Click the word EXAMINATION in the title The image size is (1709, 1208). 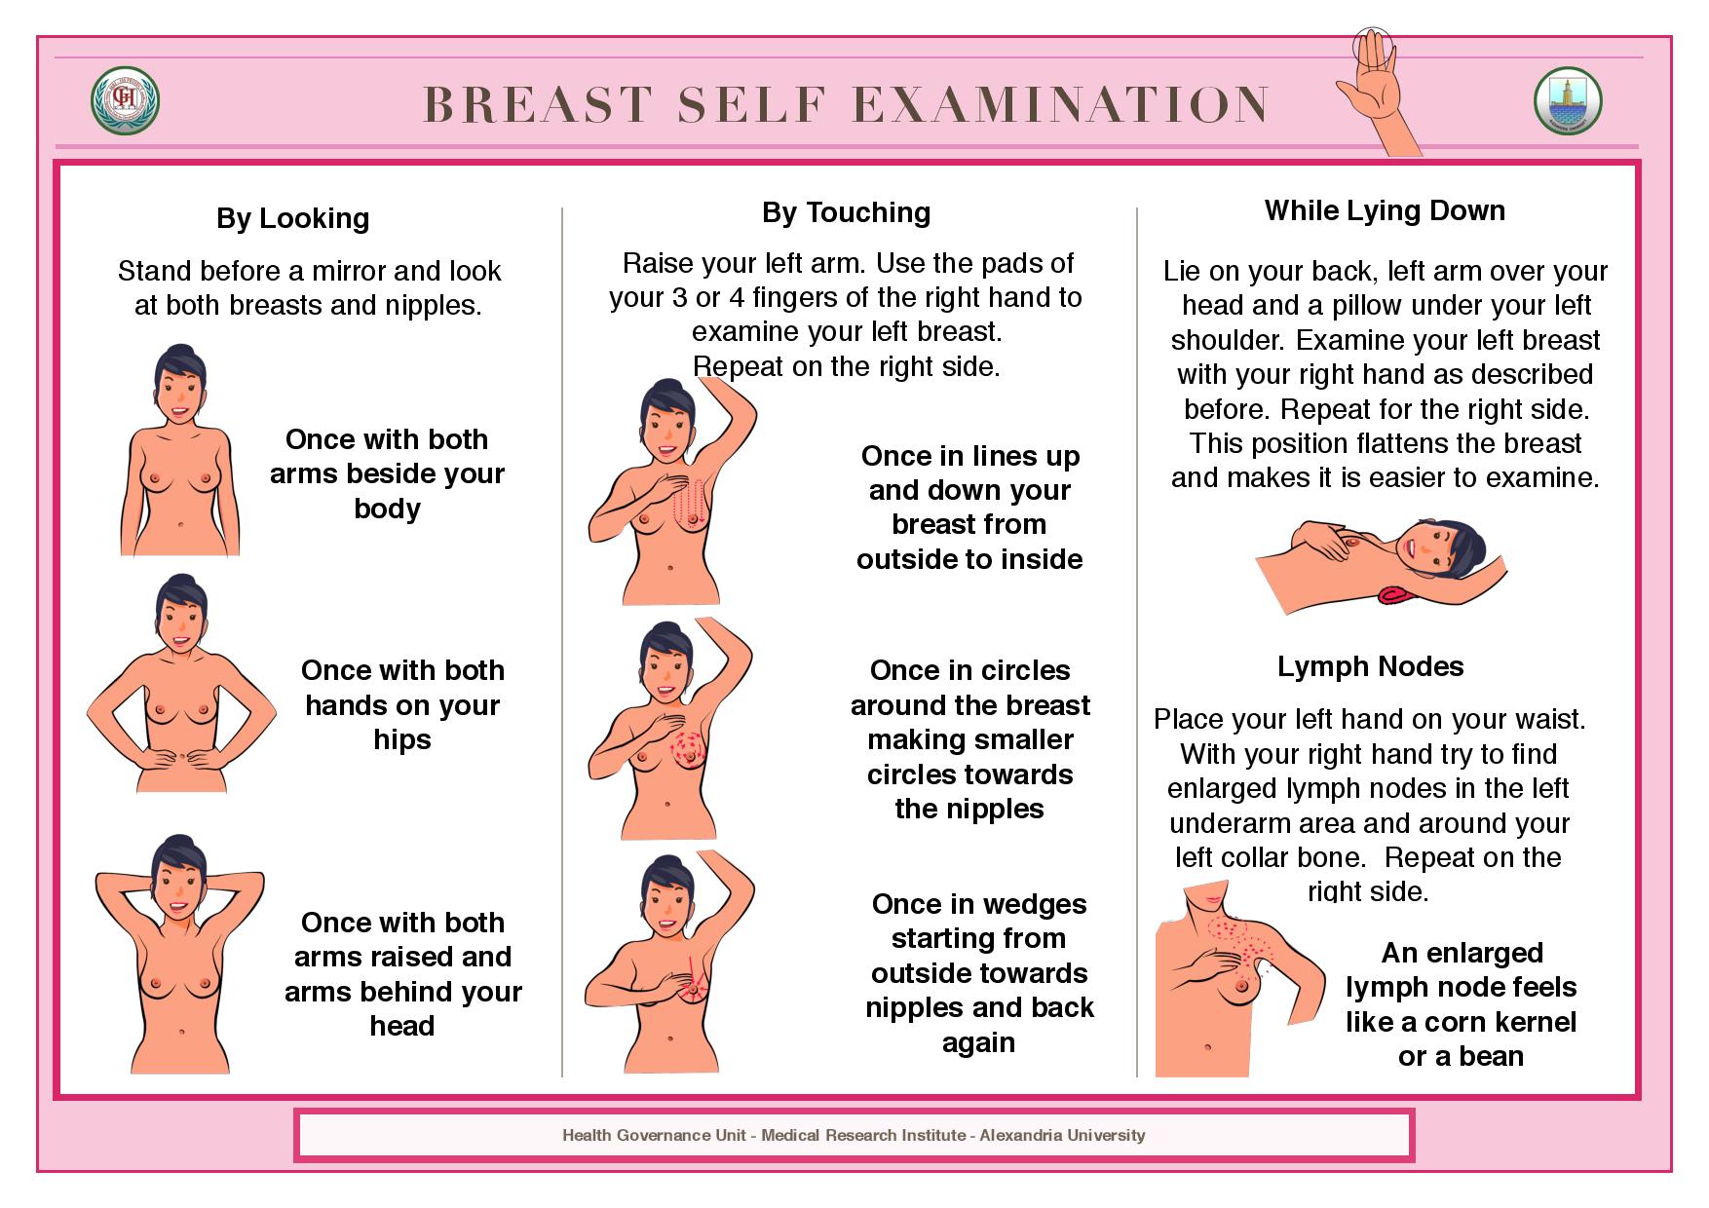(x=1061, y=104)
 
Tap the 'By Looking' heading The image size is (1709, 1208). (x=293, y=218)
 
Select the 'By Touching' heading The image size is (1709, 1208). (x=847, y=212)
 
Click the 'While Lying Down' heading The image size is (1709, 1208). (x=1385, y=210)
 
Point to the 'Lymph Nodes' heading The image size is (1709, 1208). (x=1371, y=666)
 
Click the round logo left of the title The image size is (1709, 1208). (x=125, y=102)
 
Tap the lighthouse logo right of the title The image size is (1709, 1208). (x=1568, y=100)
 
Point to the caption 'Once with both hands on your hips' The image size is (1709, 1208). (x=402, y=704)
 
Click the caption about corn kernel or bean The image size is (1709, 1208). (x=1461, y=1004)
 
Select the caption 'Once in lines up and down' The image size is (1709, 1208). (x=969, y=508)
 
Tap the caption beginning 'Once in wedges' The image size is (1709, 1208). (x=979, y=972)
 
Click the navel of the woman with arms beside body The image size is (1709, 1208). (x=182, y=526)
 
